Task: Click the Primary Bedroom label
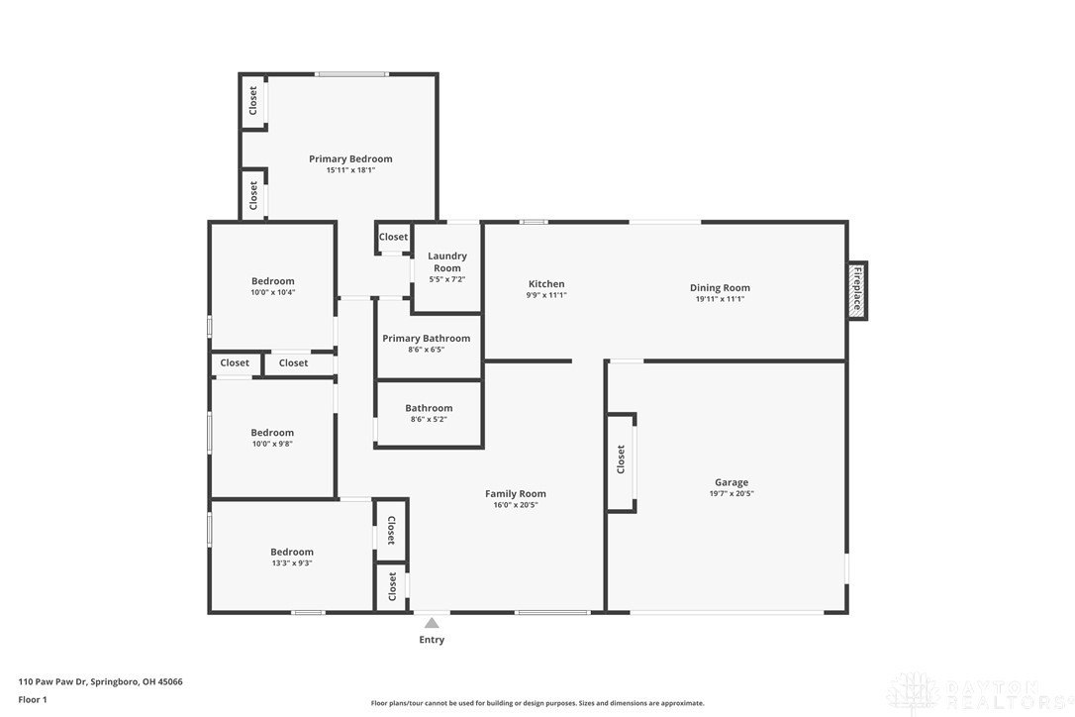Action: point(350,158)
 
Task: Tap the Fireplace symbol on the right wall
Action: point(857,290)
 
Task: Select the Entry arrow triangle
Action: point(432,623)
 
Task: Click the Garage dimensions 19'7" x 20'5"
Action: point(732,493)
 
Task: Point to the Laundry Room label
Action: point(447,261)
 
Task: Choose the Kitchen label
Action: point(546,283)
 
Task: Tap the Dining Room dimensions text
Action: point(720,299)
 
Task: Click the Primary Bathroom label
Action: point(427,339)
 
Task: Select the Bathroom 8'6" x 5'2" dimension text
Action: point(429,419)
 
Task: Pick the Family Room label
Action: point(516,493)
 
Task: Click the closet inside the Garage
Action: point(621,461)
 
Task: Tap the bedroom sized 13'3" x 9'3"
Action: point(291,557)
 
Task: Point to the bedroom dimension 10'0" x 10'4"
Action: point(273,292)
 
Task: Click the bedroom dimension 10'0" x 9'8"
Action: point(272,444)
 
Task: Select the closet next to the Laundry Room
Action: point(393,238)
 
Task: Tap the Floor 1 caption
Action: point(33,700)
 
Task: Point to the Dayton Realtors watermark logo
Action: point(980,693)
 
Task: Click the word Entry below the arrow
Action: point(432,640)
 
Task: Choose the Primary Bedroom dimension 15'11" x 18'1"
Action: point(350,170)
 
